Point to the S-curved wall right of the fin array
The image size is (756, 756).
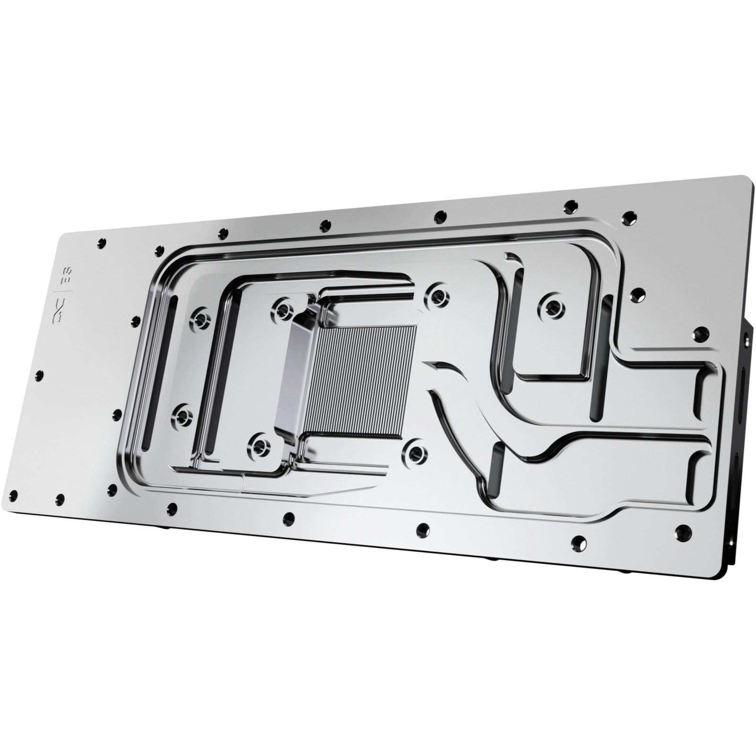(454, 402)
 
